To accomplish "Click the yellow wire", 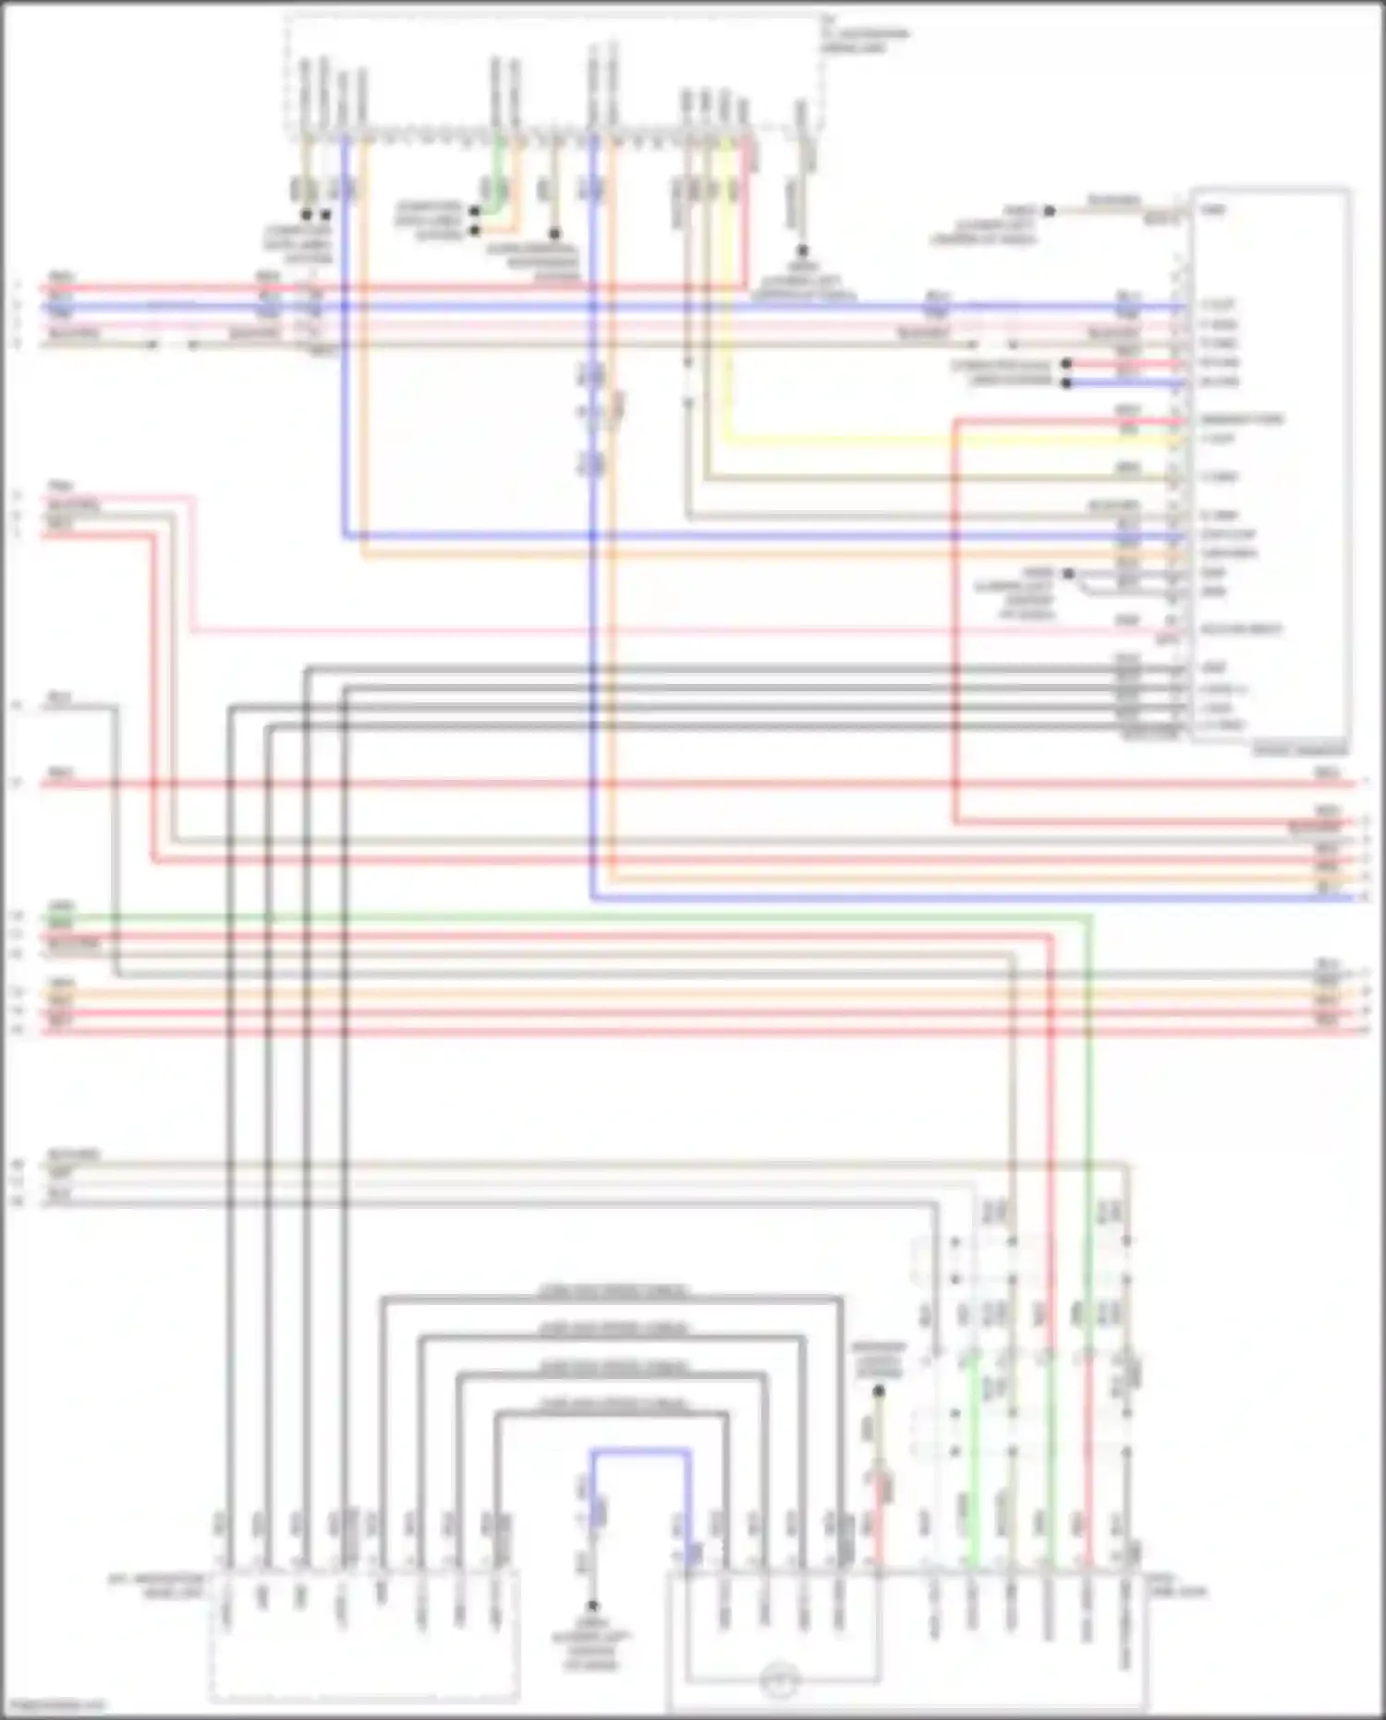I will [x=924, y=440].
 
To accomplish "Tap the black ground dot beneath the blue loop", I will [x=592, y=1606].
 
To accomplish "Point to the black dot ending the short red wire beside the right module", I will [x=1066, y=364].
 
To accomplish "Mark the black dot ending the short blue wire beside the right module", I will [x=1066, y=383].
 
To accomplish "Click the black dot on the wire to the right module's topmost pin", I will [x=1050, y=211].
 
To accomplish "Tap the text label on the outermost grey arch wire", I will [x=612, y=1291].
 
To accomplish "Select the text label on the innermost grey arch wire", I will [x=612, y=1405].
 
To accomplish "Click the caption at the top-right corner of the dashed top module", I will [x=864, y=39].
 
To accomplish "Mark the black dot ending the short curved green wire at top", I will [x=475, y=212].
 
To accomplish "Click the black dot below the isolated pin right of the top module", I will [x=802, y=250].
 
